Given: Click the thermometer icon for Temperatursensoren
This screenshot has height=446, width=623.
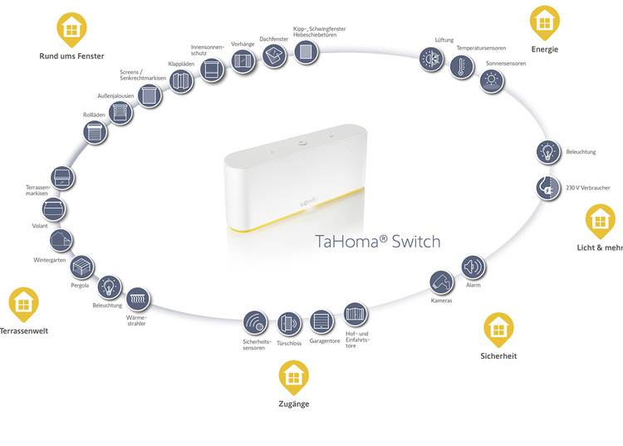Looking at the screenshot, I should (462, 67).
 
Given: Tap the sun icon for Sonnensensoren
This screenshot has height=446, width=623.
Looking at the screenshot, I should (492, 81).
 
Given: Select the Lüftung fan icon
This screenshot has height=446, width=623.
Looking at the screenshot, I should (431, 59).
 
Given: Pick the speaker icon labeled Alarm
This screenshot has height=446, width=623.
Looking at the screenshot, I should (473, 267).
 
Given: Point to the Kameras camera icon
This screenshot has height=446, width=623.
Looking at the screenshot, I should (442, 282).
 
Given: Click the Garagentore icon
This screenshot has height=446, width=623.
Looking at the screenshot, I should (321, 321).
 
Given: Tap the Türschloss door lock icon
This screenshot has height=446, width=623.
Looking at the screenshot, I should (288, 323).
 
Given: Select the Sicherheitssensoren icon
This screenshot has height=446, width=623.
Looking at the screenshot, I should (255, 322).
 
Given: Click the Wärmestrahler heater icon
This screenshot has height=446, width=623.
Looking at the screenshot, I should (136, 298).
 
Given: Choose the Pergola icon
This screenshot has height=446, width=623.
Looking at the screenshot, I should (81, 268).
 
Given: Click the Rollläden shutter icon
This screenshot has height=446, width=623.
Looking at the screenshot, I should (96, 132).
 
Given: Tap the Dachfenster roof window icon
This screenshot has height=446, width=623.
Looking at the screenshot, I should (275, 55).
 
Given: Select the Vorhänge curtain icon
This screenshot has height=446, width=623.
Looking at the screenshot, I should (243, 62).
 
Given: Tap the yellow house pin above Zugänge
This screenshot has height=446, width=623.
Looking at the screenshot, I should (293, 378).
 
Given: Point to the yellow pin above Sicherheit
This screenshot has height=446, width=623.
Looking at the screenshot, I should (498, 329).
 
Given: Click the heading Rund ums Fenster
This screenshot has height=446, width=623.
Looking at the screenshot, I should (71, 56).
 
